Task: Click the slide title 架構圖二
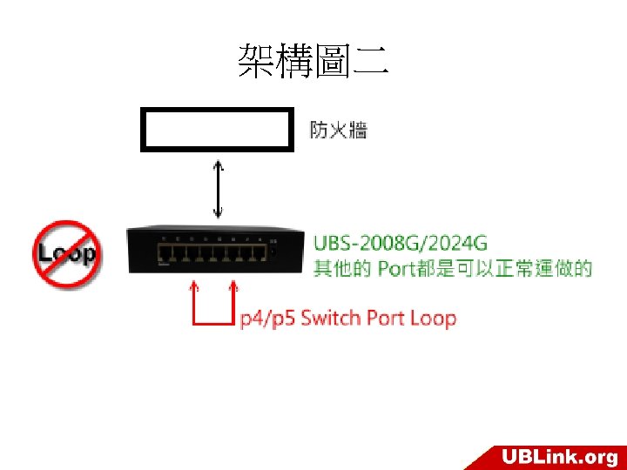pos(313,62)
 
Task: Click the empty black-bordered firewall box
pos(215,130)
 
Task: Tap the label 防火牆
pos(339,131)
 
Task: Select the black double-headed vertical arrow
pos(218,189)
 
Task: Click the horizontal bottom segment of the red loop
pos(212,325)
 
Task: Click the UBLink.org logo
pos(558,456)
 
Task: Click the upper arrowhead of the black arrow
pos(218,166)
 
